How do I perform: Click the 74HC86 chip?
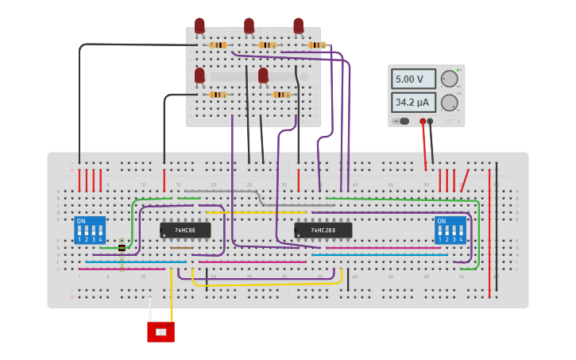pos(186,230)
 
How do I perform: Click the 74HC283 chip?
pos(323,230)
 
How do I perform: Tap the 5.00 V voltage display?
pos(413,79)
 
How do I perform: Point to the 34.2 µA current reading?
pos(413,103)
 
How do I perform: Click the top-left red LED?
pos(199,26)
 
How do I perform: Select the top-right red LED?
pos(298,26)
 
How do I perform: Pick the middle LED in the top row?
pos(249,26)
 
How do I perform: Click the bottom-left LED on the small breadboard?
pos(199,75)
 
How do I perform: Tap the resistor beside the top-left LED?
pos(218,45)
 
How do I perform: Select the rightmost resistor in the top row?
pos(317,45)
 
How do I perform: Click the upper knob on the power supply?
pos(450,79)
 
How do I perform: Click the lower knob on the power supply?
pos(450,103)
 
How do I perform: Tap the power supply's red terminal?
pos(423,122)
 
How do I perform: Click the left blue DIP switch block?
pos(90,230)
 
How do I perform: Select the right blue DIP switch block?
pos(450,230)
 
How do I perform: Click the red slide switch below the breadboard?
pos(160,331)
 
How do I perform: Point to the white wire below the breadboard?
pos(150,310)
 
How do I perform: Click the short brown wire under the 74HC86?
pos(182,248)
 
